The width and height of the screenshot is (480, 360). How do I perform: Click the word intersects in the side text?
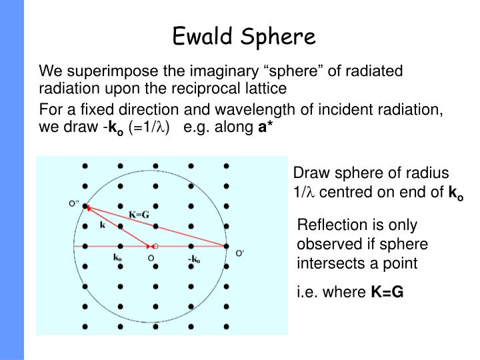(327, 263)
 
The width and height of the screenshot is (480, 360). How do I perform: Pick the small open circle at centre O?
(155, 247)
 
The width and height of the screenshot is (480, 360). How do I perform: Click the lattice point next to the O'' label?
(85, 207)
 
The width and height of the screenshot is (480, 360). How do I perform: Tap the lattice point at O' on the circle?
(227, 247)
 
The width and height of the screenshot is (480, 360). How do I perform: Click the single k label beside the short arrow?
(103, 227)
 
